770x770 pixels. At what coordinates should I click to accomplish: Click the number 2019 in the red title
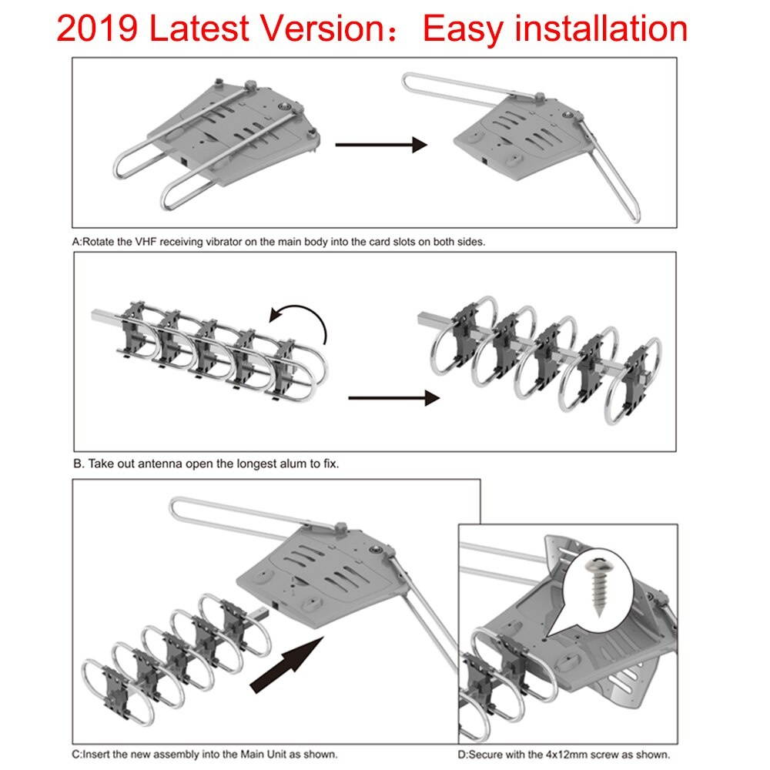[98, 29]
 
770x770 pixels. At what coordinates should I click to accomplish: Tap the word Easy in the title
[464, 29]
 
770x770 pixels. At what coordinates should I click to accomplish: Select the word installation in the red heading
[601, 29]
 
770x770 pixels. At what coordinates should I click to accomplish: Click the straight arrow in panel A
[381, 144]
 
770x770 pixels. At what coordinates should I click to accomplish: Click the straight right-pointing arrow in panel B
[393, 398]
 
